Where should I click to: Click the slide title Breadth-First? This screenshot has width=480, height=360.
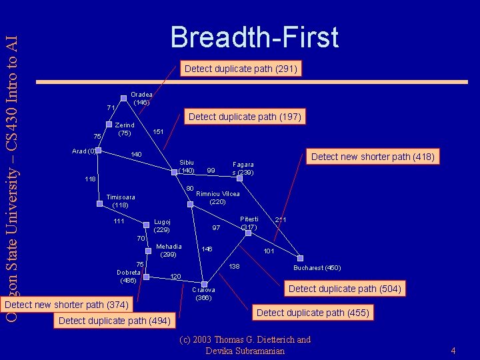pos(254,37)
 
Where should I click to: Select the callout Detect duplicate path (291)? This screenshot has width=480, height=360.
pos(241,69)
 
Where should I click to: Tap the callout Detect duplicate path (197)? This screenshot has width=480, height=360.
pos(245,117)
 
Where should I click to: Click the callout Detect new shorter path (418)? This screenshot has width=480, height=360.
pos(373,157)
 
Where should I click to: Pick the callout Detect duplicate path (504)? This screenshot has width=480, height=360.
pos(345,289)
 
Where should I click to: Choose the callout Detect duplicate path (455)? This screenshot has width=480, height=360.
pos(313,313)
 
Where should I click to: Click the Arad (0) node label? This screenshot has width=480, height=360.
pos(83,151)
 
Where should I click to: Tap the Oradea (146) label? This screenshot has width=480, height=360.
pos(141,99)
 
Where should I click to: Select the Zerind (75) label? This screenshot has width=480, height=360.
pos(125,129)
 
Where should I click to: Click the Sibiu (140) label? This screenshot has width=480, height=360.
pos(187,166)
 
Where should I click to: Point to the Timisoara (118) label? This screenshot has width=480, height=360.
pos(120,201)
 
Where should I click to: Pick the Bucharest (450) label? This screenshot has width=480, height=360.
pos(317,268)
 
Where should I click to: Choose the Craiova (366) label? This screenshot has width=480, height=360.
pos(203,294)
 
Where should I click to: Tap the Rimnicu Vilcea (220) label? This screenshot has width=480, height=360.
pos(218,198)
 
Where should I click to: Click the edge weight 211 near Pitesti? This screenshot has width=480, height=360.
pos(281,219)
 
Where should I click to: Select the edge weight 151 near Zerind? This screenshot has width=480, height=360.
pos(159,132)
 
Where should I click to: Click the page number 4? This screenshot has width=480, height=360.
pos(453,351)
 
